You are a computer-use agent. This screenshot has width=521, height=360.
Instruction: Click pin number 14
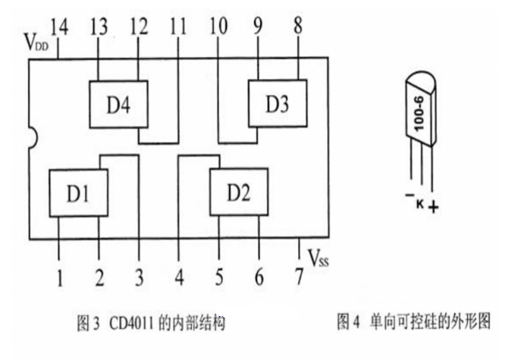coord(59,27)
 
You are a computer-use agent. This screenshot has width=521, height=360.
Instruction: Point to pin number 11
coord(178,27)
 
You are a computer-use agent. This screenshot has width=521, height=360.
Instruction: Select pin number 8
coord(298,25)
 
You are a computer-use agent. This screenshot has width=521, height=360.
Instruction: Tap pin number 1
coord(60,277)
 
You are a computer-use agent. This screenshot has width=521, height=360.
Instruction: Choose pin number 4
coord(180,277)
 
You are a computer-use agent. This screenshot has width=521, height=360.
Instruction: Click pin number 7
coord(300,277)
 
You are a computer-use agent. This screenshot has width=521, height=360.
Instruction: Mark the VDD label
coord(36,42)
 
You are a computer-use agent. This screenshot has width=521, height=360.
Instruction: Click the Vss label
coord(319,258)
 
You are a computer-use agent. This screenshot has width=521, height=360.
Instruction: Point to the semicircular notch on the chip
coord(33,138)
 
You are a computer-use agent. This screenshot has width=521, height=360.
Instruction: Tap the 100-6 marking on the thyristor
coord(419,114)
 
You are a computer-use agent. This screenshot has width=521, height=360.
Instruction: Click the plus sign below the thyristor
coord(433,208)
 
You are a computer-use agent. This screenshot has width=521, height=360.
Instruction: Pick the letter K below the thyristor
coord(420,204)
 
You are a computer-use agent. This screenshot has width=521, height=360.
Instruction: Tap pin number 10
coord(218,27)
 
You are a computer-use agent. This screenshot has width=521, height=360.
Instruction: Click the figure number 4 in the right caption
coord(356,322)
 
